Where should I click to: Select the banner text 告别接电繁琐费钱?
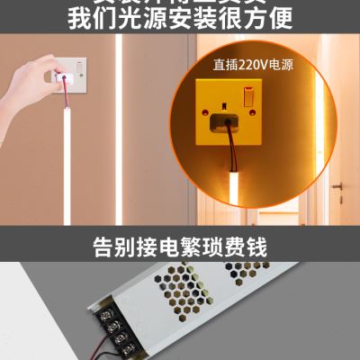[180, 245]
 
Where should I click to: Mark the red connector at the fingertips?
[64, 79]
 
